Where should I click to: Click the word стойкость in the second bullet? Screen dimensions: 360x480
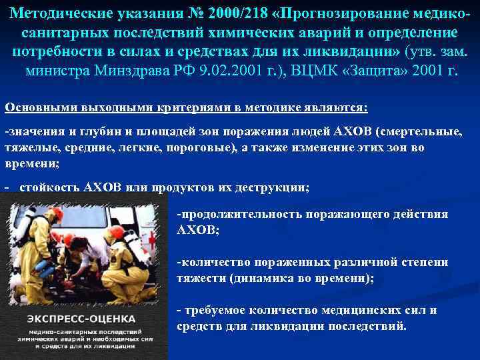point(49,187)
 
